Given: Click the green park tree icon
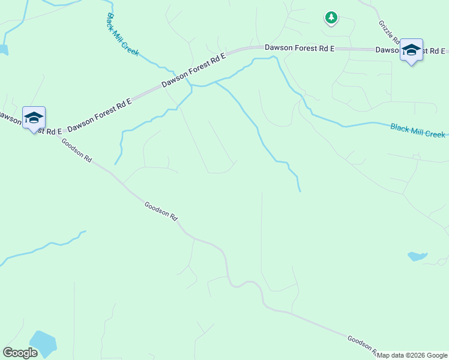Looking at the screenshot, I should (331, 17).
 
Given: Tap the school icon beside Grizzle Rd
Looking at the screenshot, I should (411, 50).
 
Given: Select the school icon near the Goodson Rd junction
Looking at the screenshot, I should (34, 117).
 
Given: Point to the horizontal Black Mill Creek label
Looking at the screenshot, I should (418, 131).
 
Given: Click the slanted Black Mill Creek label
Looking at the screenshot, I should (122, 35).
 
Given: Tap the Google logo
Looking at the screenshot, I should (20, 353).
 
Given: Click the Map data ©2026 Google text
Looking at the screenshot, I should (412, 355).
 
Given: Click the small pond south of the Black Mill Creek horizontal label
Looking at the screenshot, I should (417, 257).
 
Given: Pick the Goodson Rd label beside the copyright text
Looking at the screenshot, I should (361, 345).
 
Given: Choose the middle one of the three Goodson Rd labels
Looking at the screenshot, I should (161, 211).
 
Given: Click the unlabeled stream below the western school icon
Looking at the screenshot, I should (42, 248).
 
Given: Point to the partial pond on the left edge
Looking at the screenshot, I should (3, 49).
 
